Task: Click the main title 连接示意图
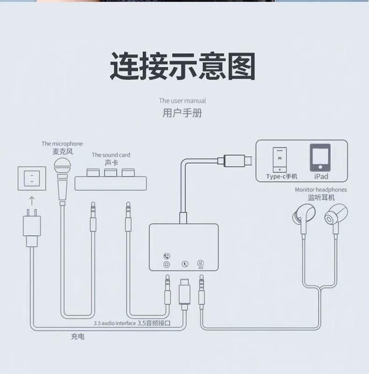coord(182,66)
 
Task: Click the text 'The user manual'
coord(182,101)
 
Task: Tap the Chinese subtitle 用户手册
coord(182,113)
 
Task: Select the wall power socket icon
coord(32,178)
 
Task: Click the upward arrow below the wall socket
coord(32,201)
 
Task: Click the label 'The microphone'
coord(62,144)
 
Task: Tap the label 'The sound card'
coord(111,155)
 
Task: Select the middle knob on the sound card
coord(110,173)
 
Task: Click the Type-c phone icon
coord(280,160)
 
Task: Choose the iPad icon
coord(320,158)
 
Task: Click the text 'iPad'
coord(321,176)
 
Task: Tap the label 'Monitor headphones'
coord(321,190)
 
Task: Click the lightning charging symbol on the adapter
coord(185,264)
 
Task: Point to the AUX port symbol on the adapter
coord(201,264)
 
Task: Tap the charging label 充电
coord(78,337)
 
